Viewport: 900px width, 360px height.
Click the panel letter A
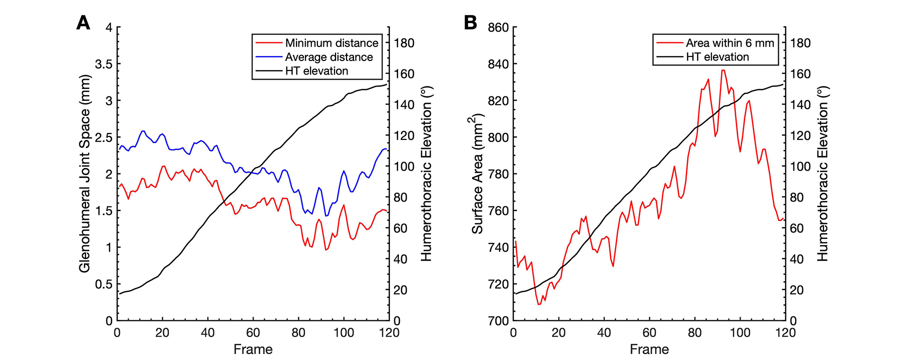(83, 23)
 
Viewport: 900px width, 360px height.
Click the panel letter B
(470, 23)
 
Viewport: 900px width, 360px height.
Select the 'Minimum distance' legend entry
(331, 43)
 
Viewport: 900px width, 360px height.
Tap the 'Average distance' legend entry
(329, 57)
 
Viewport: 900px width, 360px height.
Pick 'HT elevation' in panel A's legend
(316, 71)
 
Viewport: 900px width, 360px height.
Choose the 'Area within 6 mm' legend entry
(729, 43)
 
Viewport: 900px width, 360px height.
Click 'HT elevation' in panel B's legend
(717, 57)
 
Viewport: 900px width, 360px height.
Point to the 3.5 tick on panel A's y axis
(104, 64)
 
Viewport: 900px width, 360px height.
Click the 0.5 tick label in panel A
(104, 284)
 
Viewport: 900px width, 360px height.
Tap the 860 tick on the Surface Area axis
(498, 27)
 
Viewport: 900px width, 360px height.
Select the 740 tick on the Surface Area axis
(498, 247)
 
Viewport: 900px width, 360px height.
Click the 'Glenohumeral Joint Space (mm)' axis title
(84, 173)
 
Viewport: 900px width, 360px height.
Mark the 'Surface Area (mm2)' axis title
(477, 173)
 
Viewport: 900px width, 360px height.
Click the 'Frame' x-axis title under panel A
(253, 349)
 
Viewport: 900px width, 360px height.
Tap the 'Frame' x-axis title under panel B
(649, 349)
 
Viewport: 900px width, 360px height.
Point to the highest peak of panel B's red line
(722, 70)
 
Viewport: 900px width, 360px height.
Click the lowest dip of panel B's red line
(539, 304)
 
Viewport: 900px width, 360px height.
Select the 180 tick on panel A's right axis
(404, 43)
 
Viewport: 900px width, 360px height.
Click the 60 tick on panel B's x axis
(649, 332)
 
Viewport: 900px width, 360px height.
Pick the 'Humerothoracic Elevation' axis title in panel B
(822, 173)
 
